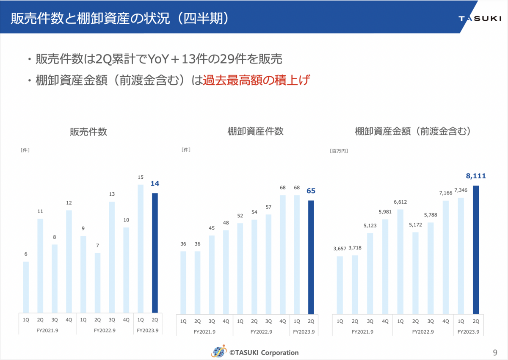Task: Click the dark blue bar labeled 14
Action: [x=155, y=253]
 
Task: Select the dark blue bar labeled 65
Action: [x=311, y=257]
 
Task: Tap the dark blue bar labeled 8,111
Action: [x=476, y=250]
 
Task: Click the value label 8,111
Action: [x=476, y=176]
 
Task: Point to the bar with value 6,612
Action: [x=400, y=262]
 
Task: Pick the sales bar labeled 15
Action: [x=141, y=249]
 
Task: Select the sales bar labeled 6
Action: [x=26, y=287]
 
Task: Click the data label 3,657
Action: [x=340, y=249]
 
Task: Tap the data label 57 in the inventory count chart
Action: [x=268, y=207]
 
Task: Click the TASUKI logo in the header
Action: [x=480, y=18]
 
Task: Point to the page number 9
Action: [x=495, y=352]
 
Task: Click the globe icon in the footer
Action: [x=219, y=352]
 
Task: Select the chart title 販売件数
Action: [x=88, y=132]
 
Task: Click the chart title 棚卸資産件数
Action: [x=255, y=131]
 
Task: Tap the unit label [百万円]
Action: [x=339, y=151]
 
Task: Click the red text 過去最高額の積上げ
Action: [x=256, y=80]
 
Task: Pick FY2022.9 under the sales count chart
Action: [x=105, y=330]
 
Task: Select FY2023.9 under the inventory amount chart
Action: [x=468, y=332]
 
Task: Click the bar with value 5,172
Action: [x=415, y=273]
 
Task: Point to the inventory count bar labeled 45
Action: [x=212, y=275]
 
